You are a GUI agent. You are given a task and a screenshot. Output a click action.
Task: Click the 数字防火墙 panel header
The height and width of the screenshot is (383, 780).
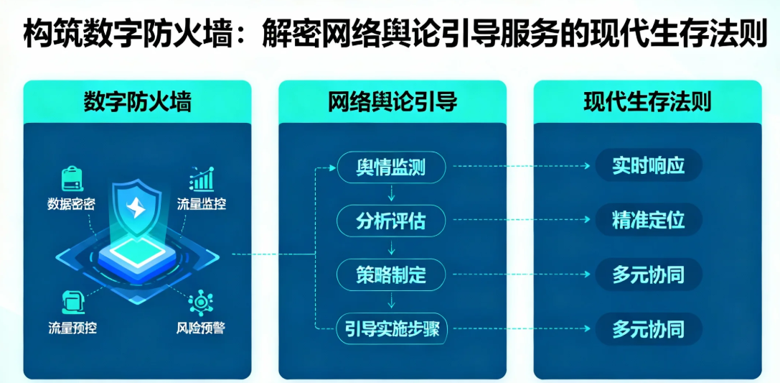[x=137, y=102]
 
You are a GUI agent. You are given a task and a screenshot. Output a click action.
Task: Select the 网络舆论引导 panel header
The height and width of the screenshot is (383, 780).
[x=393, y=102]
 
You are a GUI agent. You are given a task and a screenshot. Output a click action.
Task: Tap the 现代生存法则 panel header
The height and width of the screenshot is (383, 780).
[x=647, y=102]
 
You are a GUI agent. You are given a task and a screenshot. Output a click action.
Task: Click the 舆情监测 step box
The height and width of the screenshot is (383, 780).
[x=392, y=166]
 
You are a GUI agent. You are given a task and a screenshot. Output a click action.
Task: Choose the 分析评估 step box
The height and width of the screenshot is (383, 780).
[x=392, y=221]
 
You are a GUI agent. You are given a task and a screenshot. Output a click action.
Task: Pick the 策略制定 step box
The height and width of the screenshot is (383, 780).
[x=392, y=274]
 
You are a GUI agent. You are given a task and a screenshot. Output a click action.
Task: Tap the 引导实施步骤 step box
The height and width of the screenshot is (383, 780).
[x=392, y=328]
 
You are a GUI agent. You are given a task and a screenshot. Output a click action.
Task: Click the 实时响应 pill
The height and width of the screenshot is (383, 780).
[x=649, y=165]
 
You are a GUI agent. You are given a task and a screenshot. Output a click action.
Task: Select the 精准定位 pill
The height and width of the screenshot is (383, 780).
[x=649, y=220]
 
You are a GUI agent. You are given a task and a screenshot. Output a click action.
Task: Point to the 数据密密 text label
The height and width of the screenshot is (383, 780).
[x=70, y=205]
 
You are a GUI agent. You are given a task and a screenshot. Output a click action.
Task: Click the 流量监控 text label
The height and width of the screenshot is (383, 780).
[x=202, y=204]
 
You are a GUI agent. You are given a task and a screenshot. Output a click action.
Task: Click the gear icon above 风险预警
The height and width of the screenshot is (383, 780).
[x=201, y=303]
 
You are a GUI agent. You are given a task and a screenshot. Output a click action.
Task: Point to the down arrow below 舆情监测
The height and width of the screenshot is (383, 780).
[x=392, y=193]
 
